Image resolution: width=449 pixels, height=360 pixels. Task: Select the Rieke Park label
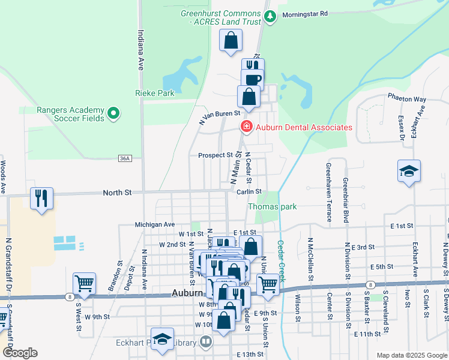point(154,93)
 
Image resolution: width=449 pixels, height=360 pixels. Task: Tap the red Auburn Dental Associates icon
point(246,127)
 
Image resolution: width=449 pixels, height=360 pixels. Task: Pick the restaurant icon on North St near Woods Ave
point(41,199)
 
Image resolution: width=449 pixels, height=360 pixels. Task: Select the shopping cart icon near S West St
point(84,284)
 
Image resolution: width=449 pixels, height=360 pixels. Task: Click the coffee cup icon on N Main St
point(253,79)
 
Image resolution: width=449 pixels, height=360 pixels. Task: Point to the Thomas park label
point(273,207)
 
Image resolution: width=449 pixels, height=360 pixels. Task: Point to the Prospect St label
point(215,155)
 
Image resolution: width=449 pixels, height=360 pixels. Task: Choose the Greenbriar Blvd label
point(346,200)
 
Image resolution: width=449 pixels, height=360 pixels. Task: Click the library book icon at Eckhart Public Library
point(206,343)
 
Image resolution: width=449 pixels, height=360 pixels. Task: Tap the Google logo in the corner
point(20,353)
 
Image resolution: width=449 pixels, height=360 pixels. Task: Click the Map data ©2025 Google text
point(411,355)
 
